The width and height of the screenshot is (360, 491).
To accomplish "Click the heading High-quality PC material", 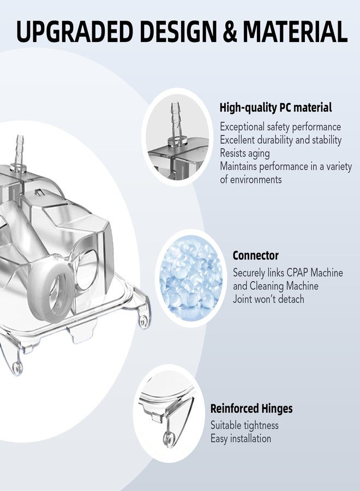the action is click(275, 107).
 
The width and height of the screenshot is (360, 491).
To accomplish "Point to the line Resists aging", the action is click(245, 153).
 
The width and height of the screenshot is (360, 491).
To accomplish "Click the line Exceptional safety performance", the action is click(280, 127).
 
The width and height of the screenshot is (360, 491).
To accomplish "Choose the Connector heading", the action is click(255, 255).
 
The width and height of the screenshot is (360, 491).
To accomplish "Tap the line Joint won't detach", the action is click(268, 299).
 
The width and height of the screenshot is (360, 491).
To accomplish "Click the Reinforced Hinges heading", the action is click(251, 409).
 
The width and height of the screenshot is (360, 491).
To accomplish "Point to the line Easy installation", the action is click(241, 439).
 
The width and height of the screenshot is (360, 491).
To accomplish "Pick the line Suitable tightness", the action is click(244, 425).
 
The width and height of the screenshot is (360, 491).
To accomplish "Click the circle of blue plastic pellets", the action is click(191, 278).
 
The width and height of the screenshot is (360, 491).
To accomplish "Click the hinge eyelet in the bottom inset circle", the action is click(168, 439).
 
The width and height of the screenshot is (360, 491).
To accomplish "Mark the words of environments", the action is click(251, 179).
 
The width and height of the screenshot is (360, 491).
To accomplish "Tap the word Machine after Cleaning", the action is click(302, 286).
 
